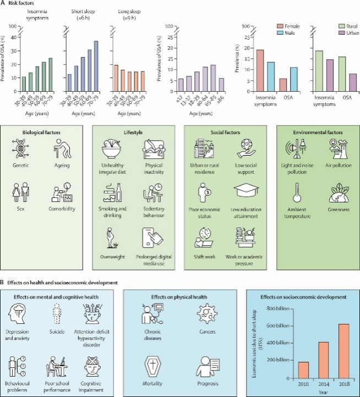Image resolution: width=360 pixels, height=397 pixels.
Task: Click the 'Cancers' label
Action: pyautogui.click(x=206, y=333)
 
